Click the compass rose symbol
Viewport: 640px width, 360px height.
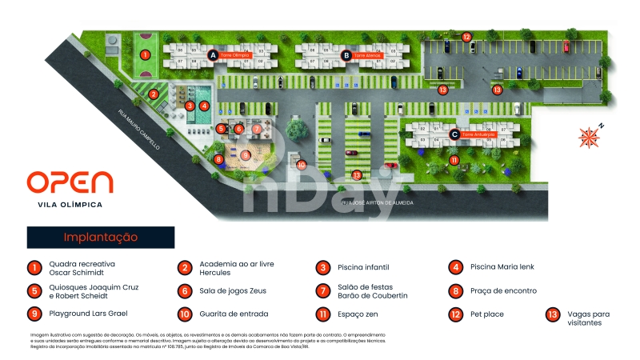590,136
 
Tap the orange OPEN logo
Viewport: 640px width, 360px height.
70,182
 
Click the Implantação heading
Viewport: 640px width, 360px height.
101,238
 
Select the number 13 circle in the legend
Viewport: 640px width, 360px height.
551,314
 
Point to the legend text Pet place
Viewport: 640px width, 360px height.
487,314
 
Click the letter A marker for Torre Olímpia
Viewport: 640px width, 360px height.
213,54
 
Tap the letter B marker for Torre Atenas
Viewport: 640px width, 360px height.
346,55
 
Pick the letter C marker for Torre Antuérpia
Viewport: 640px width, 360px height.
454,134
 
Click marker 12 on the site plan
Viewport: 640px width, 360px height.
466,36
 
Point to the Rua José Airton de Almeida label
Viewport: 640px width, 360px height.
378,203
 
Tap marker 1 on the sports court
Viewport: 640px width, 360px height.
145,54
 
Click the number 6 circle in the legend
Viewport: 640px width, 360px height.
185,291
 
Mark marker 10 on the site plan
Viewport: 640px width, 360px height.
302,165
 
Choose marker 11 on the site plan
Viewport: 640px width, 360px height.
454,161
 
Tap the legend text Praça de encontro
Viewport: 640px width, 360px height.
504,291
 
